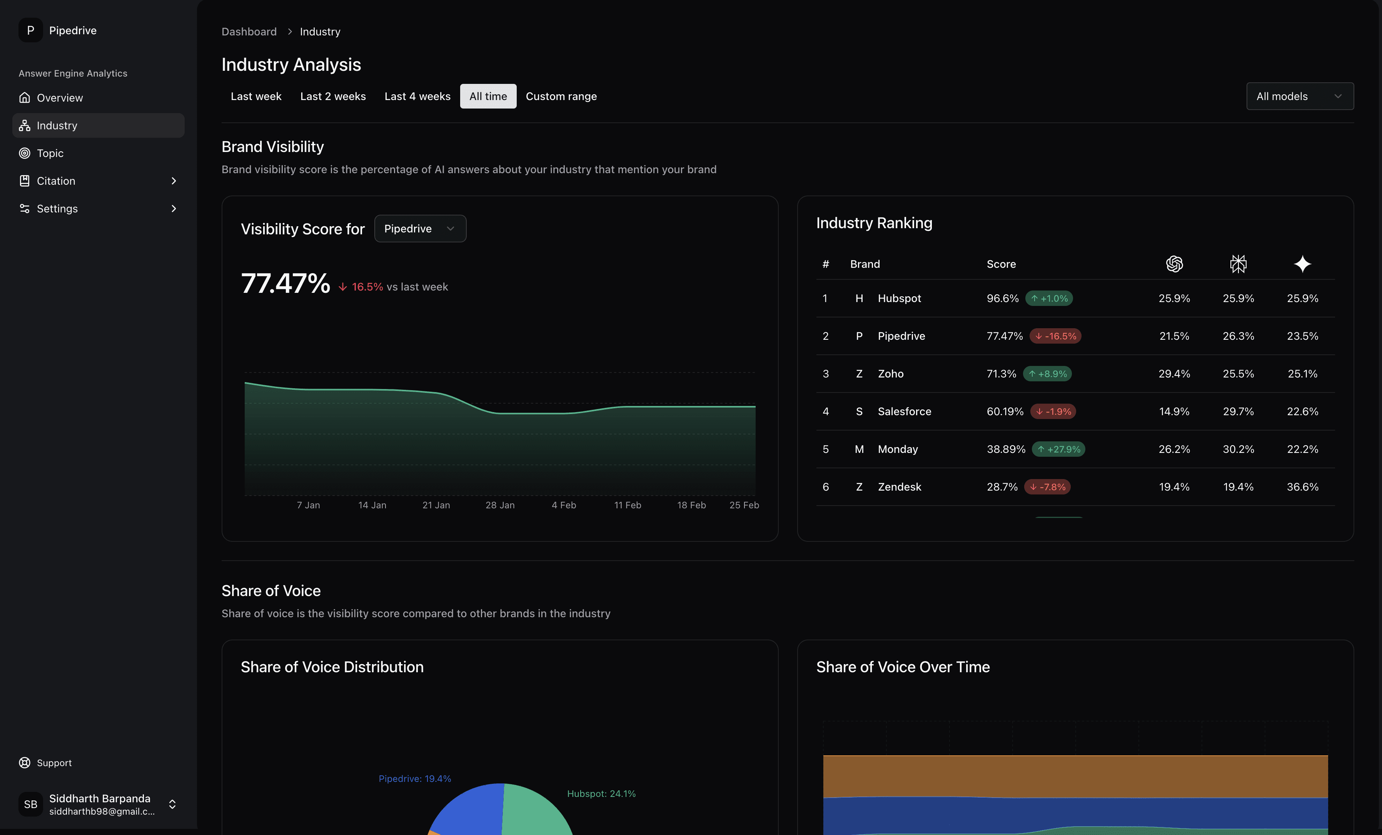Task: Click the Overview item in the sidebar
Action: [60, 98]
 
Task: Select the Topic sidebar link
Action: [50, 153]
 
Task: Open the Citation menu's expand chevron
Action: [173, 180]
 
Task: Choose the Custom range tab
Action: [561, 97]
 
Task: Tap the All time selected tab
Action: [487, 97]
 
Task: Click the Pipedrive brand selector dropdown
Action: [419, 229]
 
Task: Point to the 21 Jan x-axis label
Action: [436, 505]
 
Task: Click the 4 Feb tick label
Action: [564, 505]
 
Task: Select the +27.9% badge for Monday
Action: [1058, 449]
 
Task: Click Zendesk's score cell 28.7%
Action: [1002, 487]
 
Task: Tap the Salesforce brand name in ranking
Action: [904, 412]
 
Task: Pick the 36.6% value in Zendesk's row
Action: [1302, 487]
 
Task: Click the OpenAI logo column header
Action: [1174, 264]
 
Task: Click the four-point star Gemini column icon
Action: [1302, 264]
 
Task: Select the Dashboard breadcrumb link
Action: [249, 32]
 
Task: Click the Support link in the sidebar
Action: [54, 763]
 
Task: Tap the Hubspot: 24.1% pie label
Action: [601, 793]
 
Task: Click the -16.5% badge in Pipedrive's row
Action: [1055, 336]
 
